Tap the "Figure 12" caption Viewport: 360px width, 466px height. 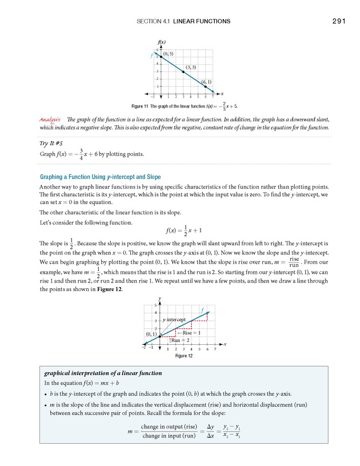tap(183, 356)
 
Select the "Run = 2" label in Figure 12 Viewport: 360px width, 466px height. tap(180, 340)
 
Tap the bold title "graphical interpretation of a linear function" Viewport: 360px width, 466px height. tap(103, 373)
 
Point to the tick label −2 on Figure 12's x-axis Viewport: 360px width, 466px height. tap(144, 348)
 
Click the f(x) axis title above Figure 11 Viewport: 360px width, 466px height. tap(161, 43)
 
